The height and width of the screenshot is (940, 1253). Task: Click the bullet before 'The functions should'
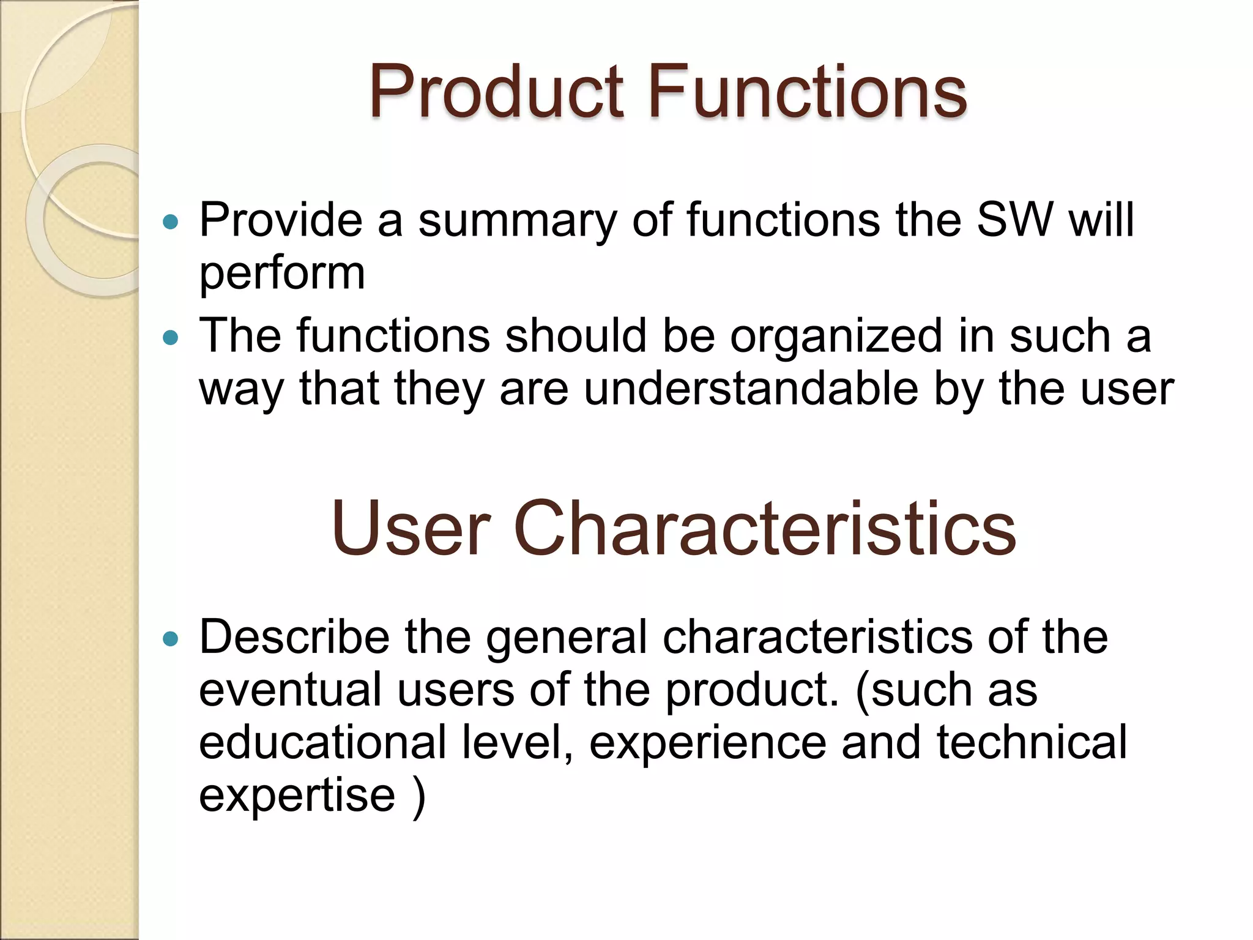tap(171, 337)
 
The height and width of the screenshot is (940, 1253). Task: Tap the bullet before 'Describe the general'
tap(171, 640)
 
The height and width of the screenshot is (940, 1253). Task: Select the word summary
tap(518, 220)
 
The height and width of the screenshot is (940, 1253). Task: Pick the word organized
tap(836, 336)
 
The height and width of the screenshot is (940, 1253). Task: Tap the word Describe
tap(294, 637)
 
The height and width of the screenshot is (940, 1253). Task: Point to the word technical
tap(1032, 742)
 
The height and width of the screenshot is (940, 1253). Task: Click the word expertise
tap(297, 794)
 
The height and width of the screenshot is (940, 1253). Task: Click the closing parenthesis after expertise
tap(419, 796)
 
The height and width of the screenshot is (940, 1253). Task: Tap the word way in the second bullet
tap(241, 390)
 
